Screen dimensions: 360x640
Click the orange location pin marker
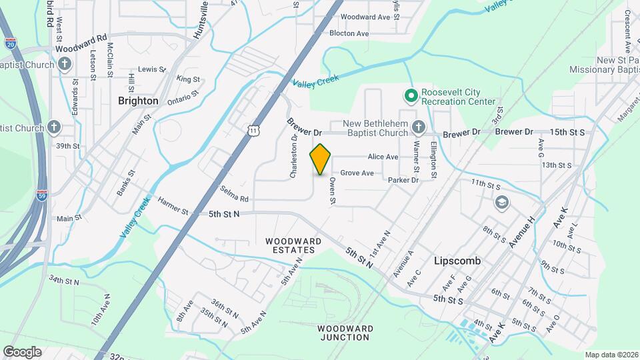[321, 159]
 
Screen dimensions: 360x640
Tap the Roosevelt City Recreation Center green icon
[411, 96]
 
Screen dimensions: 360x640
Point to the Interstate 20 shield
[10, 44]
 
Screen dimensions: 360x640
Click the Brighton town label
[138, 101]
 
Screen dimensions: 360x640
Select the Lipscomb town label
[457, 261]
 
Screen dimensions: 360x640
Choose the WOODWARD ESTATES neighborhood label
[290, 245]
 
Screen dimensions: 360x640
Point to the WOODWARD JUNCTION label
[343, 333]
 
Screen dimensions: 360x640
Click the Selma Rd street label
[235, 199]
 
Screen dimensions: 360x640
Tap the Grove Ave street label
[357, 173]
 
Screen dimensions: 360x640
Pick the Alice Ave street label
[383, 157]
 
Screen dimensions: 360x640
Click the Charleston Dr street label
[293, 157]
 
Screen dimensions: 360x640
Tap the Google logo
[22, 351]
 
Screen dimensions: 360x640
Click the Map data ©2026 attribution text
[611, 355]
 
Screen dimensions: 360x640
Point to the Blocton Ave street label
[349, 33]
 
